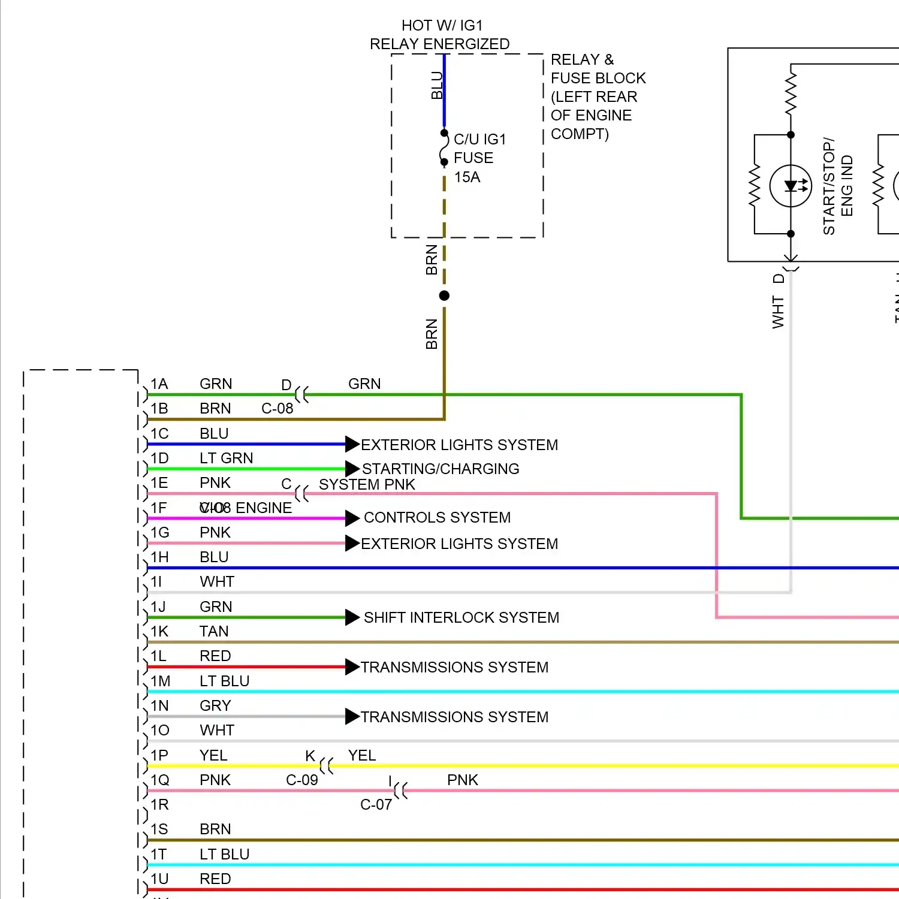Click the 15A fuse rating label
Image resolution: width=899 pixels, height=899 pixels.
point(467,177)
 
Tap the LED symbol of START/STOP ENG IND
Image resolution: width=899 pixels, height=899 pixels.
point(791,186)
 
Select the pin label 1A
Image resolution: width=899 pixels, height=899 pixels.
point(159,384)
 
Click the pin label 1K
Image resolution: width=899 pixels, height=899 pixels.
point(159,632)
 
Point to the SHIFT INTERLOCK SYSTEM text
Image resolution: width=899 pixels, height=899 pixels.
point(461,618)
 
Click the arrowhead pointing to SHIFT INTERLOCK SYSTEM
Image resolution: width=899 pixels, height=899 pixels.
point(352,617)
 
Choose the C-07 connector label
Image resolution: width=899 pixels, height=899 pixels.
point(376,805)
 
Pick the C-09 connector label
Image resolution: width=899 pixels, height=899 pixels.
point(301,780)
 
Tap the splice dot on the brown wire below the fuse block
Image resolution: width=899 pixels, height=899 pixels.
point(444,295)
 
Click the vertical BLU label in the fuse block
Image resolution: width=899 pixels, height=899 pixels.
point(437,85)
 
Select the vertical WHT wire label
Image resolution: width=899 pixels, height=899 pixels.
point(778,312)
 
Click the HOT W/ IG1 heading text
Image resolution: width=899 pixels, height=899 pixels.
point(442,26)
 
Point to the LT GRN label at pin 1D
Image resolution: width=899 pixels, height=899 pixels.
point(226,458)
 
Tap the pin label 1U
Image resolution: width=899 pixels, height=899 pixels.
point(159,879)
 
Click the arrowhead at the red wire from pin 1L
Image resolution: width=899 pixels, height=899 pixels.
point(352,667)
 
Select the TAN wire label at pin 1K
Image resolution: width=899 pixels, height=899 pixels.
point(214,632)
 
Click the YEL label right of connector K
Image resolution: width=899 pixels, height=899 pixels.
point(362,756)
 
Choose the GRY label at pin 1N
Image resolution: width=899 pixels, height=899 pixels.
point(215,706)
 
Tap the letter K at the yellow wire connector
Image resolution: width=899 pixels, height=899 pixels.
point(310,756)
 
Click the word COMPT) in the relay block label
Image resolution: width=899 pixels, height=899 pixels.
point(579,134)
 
